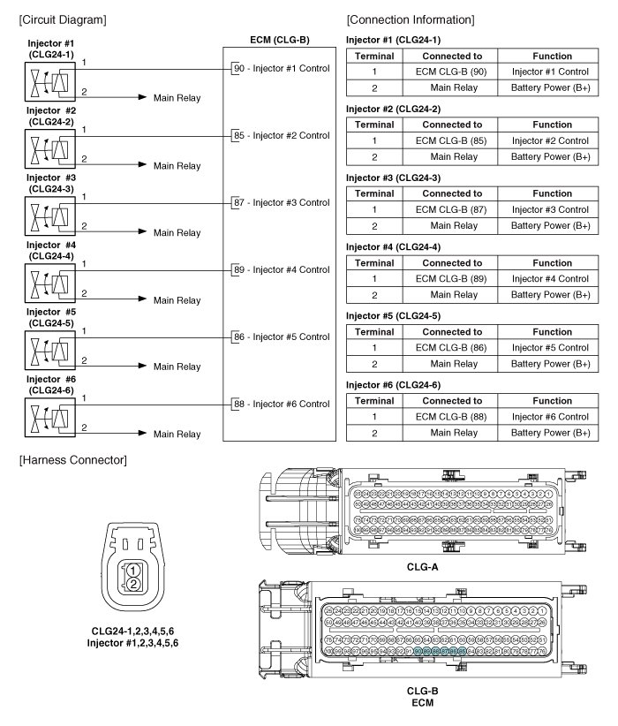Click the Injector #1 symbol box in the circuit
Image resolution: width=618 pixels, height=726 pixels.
[x=48, y=84]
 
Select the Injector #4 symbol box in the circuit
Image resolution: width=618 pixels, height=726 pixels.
[x=48, y=284]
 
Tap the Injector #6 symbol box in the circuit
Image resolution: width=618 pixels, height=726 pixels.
[x=48, y=418]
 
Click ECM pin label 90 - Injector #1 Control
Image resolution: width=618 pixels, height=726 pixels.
[x=282, y=68]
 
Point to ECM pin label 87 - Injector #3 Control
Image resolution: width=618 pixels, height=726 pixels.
[x=282, y=202]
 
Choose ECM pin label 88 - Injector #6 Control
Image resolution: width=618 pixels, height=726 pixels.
[x=282, y=404]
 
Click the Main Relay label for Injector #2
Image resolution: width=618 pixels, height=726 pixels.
[x=177, y=165]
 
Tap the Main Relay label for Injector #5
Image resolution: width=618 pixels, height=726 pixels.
[x=177, y=367]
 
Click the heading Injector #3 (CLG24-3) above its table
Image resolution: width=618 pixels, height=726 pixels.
[x=393, y=178]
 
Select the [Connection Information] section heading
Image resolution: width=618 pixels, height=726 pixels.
[x=411, y=19]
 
